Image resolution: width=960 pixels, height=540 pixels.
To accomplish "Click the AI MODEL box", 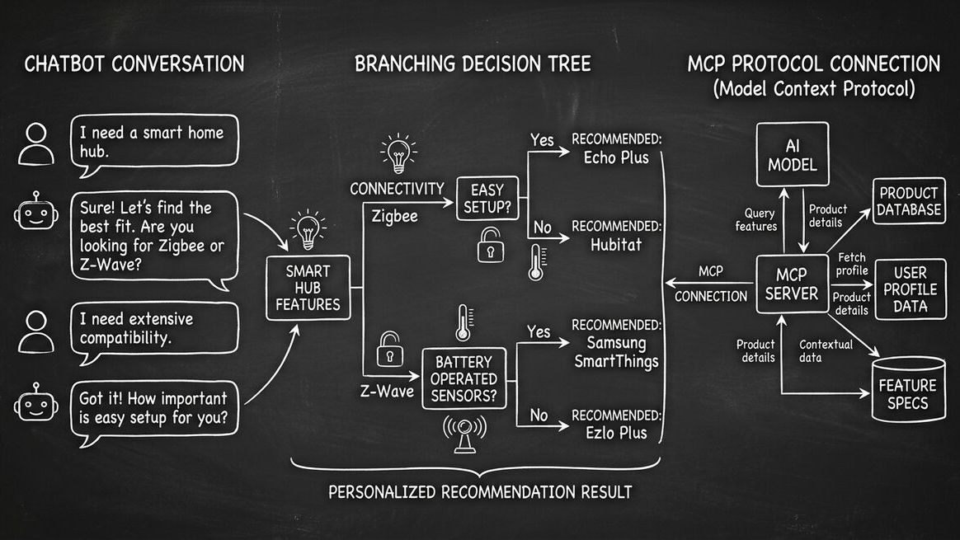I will tap(787, 156).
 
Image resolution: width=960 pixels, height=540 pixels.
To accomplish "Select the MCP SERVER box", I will tap(792, 284).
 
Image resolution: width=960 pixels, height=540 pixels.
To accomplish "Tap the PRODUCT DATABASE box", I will tap(909, 200).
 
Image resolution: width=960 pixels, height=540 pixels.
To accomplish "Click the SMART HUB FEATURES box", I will tap(308, 287).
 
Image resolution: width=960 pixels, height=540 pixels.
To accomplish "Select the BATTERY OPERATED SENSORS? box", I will tap(464, 379).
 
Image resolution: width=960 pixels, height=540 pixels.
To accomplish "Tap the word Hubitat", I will tap(617, 244).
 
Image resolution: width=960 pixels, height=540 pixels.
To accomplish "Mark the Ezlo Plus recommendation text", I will tap(617, 432).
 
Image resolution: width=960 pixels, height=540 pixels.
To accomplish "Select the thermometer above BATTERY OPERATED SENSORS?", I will tap(463, 324).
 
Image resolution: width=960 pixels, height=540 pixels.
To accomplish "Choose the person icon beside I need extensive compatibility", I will tap(36, 330).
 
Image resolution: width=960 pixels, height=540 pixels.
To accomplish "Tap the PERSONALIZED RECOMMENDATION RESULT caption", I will tap(480, 492).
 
